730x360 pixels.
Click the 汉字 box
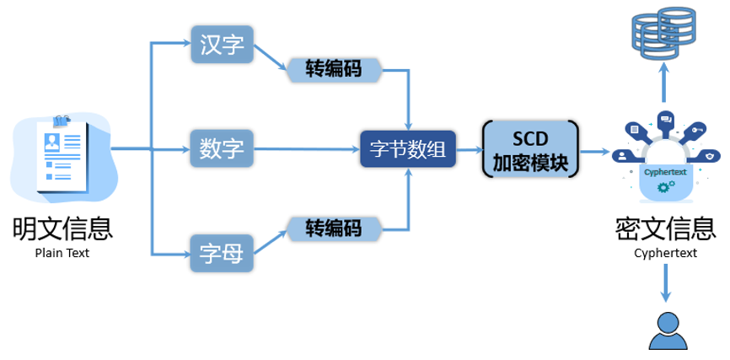(222, 45)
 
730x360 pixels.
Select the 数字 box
(222, 149)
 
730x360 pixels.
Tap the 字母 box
(222, 253)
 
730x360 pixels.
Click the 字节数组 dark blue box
(408, 150)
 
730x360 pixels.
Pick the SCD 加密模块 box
(531, 149)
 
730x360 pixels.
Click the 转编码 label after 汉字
(333, 69)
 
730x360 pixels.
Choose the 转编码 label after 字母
(333, 228)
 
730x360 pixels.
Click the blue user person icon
(667, 331)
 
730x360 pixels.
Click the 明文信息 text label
(62, 228)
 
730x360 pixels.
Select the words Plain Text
(62, 252)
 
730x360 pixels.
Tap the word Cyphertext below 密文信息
(665, 252)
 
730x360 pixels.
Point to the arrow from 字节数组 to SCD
(470, 150)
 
